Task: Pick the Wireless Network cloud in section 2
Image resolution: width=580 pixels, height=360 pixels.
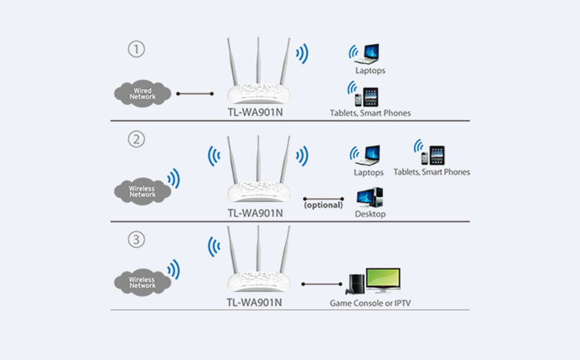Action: pyautogui.click(x=142, y=191)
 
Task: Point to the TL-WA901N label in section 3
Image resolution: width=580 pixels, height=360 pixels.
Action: pyautogui.click(x=255, y=302)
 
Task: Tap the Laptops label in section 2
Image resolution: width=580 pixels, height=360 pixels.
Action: pyautogui.click(x=369, y=173)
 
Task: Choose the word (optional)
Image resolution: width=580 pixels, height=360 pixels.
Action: pyautogui.click(x=323, y=205)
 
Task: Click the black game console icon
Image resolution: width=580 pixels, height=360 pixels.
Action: pyautogui.click(x=355, y=284)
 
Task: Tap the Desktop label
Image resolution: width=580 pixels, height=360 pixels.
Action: pyautogui.click(x=370, y=215)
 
